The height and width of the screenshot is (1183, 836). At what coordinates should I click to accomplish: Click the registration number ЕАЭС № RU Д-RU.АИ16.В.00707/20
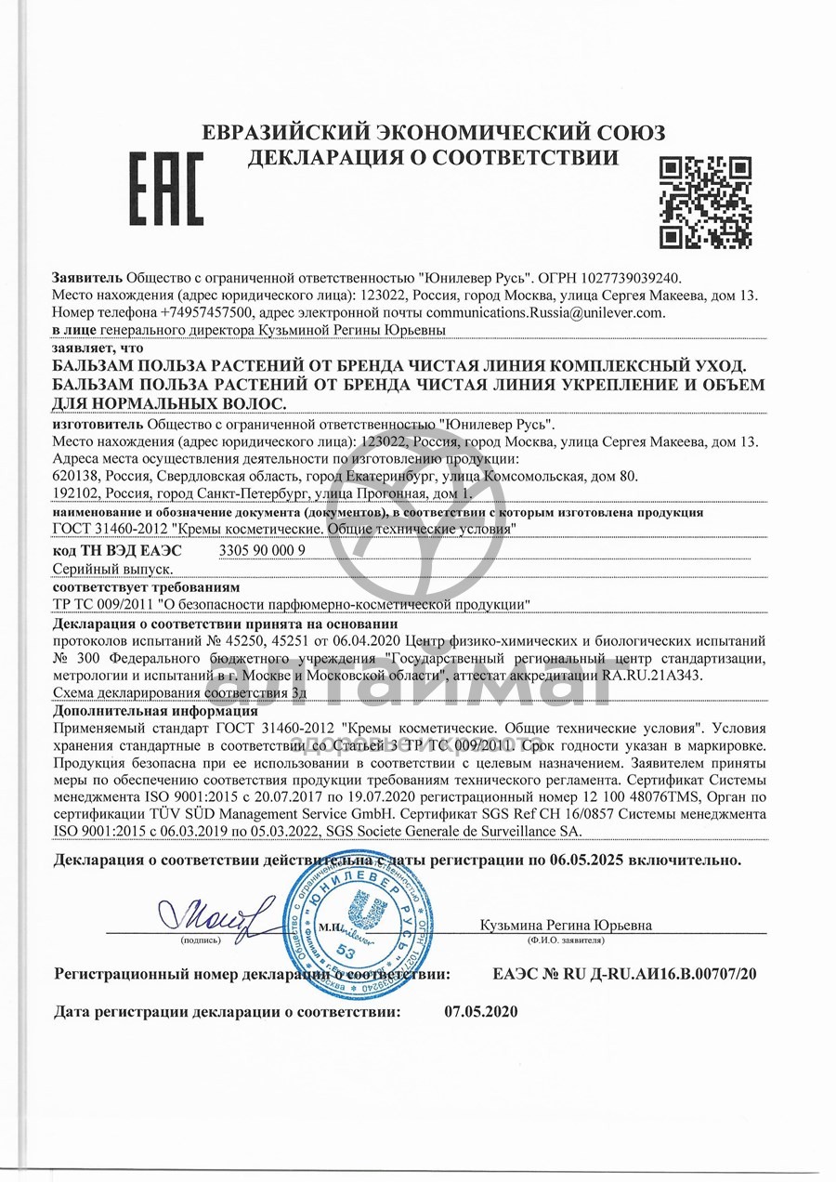(x=624, y=975)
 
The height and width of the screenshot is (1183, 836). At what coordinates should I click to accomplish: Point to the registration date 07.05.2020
(x=481, y=1011)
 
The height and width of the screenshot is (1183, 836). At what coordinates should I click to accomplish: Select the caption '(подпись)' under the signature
(x=201, y=940)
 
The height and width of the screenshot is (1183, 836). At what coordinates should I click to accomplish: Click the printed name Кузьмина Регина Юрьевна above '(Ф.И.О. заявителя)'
(x=567, y=925)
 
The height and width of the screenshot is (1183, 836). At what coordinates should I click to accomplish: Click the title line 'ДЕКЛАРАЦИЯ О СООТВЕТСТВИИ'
(x=433, y=157)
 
